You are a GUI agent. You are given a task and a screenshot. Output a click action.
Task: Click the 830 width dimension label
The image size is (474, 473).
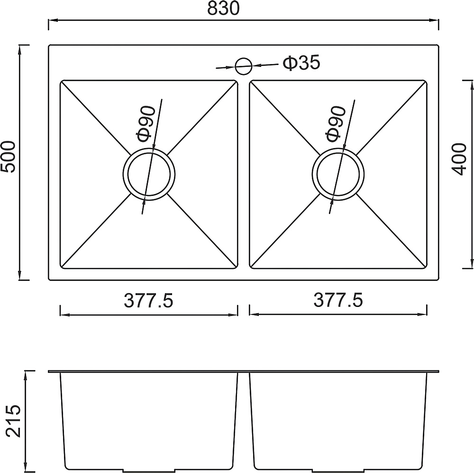(x=223, y=9)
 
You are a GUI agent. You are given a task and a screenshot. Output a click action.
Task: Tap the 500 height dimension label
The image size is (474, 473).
(x=8, y=157)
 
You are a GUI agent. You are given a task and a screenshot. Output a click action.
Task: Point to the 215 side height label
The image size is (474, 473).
(x=14, y=421)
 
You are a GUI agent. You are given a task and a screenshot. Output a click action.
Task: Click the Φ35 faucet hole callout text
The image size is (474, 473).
(x=301, y=63)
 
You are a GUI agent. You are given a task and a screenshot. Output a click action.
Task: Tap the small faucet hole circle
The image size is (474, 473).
(x=243, y=66)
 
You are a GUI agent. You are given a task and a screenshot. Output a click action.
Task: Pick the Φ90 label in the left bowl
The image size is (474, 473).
(x=146, y=124)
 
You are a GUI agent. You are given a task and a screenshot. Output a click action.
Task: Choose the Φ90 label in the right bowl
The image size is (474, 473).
(x=336, y=124)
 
